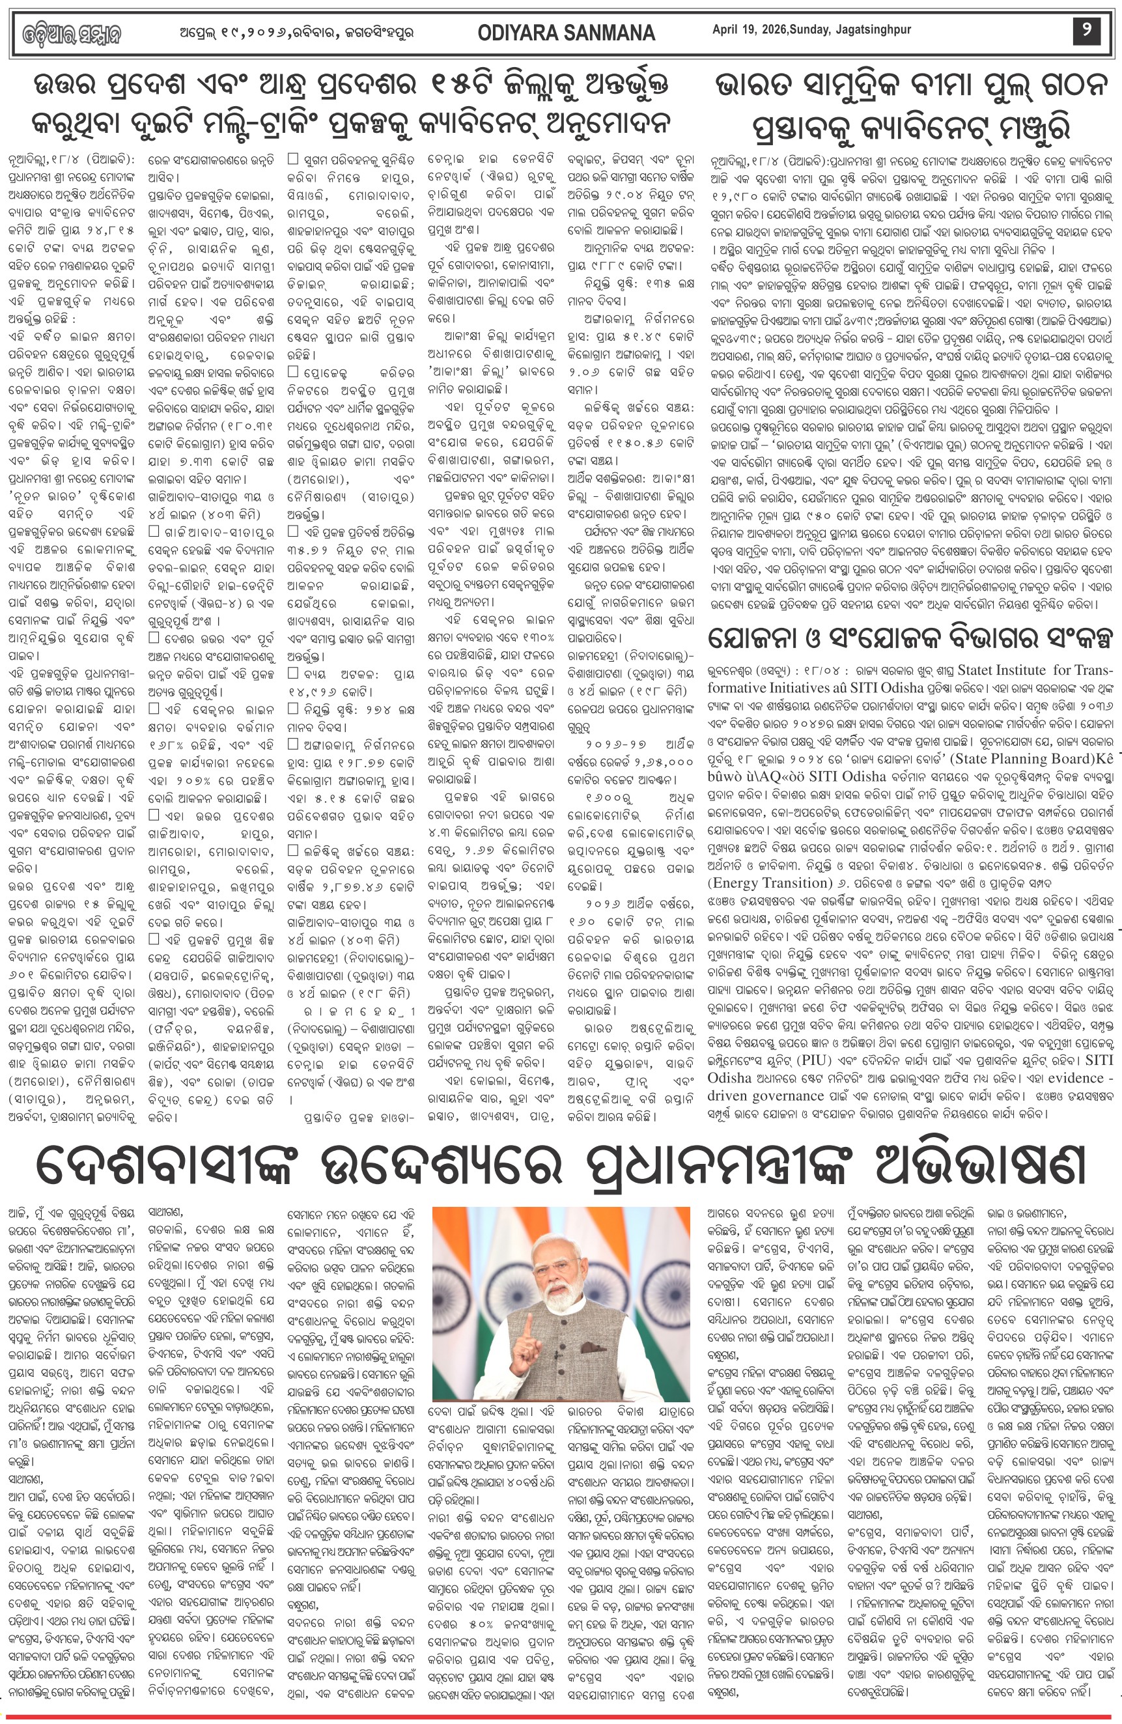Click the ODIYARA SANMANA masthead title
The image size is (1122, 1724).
(567, 33)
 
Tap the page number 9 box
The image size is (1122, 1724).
(1086, 31)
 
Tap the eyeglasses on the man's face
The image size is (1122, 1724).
(556, 1267)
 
